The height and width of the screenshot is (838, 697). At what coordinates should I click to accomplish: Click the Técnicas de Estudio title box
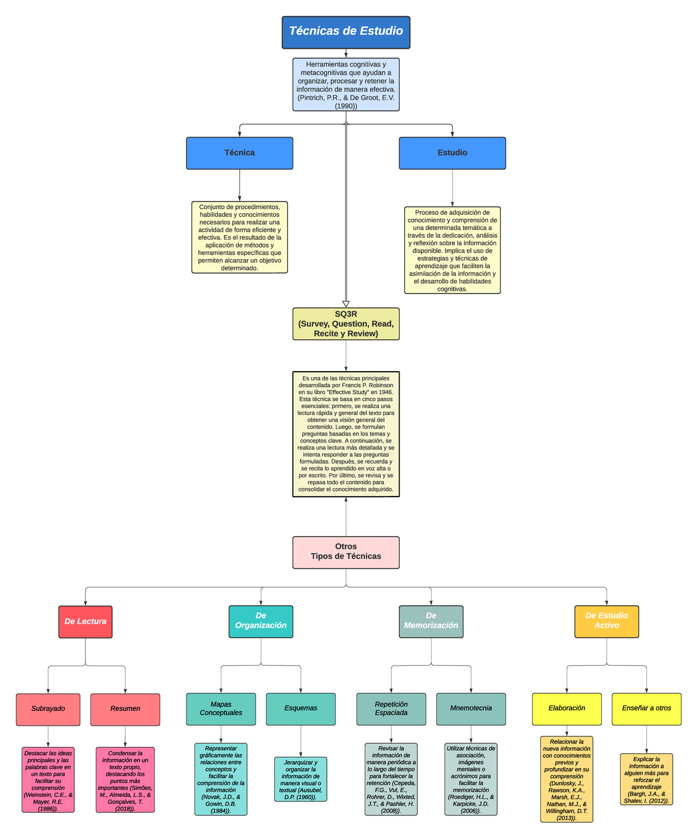point(346,32)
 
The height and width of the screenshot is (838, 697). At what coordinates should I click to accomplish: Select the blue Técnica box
point(239,153)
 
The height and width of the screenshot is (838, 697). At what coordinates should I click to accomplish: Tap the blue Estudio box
point(452,153)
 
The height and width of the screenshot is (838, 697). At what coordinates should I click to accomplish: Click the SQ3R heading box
point(346,323)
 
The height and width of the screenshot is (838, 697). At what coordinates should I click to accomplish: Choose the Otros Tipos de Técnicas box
point(346,552)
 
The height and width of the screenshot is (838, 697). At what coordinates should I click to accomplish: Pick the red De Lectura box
point(85,622)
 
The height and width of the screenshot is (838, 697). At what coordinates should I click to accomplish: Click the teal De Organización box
point(261,621)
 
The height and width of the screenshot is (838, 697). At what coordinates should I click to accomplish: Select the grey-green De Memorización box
point(431,621)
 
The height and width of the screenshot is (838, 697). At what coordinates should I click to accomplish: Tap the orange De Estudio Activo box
point(606,621)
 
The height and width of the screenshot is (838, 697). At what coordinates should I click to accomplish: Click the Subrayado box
point(48,709)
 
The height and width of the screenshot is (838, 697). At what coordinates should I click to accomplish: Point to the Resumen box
point(125,709)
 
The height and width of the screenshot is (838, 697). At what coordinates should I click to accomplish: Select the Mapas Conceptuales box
point(221,708)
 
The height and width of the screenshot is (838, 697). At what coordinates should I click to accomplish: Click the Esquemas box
point(301,708)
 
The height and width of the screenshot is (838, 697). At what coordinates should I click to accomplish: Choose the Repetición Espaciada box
point(391,708)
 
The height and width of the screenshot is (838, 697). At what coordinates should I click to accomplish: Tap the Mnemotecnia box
point(471,708)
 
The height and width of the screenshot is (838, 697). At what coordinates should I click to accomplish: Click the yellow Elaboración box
point(566,708)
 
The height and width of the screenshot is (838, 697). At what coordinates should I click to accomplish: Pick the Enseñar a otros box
point(646,708)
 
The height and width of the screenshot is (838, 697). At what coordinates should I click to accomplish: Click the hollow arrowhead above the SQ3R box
point(346,304)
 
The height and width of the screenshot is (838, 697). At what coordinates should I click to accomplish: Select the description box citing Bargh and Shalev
point(646,779)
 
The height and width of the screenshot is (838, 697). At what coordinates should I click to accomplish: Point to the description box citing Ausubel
point(301,779)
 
